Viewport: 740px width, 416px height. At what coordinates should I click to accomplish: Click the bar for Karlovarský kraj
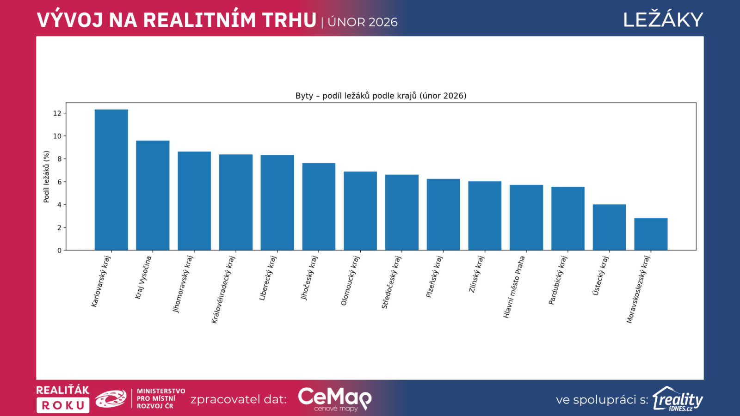tap(111, 180)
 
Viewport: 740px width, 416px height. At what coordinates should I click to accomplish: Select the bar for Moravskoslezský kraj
tap(651, 234)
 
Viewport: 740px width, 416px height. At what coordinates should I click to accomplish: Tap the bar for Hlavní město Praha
tap(526, 218)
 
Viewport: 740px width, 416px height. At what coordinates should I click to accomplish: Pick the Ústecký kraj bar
tap(609, 227)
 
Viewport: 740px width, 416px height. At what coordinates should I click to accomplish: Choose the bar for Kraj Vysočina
tap(153, 196)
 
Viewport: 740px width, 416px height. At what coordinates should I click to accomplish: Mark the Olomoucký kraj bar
tap(360, 211)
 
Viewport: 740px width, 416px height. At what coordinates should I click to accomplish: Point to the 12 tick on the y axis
tap(57, 113)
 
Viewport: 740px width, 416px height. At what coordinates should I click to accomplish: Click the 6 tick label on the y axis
tap(59, 182)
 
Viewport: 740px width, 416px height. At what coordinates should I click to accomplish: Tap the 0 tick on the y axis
tap(59, 251)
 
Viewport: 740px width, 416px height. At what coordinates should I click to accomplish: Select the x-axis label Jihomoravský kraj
tap(183, 284)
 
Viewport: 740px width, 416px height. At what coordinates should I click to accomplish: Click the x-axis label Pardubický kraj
tap(557, 280)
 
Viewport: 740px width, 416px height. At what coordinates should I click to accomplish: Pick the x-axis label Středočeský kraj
tap(391, 282)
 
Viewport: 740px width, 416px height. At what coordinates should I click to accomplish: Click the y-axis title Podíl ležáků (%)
tap(46, 177)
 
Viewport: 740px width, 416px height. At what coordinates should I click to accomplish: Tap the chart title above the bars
tap(381, 96)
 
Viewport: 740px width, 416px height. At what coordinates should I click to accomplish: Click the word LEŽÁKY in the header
tap(663, 20)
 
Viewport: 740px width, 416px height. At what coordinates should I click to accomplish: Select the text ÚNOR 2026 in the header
tap(363, 22)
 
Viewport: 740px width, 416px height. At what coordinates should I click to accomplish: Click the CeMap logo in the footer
tap(334, 399)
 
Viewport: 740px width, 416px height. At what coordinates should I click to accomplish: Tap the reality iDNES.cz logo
tap(678, 399)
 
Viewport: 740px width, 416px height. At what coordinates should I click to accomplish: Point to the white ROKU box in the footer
tap(63, 405)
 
